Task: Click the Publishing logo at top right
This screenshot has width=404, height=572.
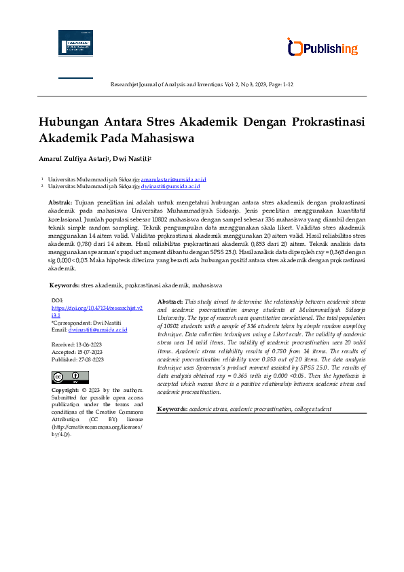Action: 323,48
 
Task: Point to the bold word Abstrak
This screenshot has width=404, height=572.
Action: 60,203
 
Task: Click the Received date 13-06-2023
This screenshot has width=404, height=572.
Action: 86,345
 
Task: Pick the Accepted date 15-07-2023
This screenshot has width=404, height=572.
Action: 87,352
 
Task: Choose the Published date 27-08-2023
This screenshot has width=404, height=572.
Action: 88,359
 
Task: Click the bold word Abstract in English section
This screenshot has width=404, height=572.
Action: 170,301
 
